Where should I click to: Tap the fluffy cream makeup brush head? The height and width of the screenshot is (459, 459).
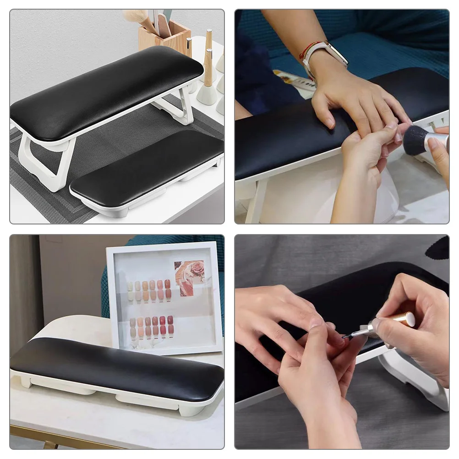(134, 17)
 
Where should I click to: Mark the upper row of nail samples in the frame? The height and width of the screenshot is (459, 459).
(149, 290)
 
